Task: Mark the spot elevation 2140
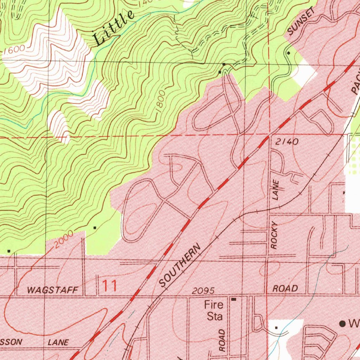coord(287,142)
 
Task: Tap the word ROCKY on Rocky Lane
coord(275,236)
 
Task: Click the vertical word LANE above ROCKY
coord(276,190)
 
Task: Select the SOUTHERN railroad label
coord(180,265)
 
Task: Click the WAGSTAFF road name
coord(52,290)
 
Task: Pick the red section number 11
coord(110,285)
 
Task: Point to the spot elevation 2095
coord(203,291)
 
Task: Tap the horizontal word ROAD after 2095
coord(285,289)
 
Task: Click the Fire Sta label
coord(214,310)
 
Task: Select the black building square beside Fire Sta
coord(234,300)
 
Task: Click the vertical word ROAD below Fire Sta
coord(222,340)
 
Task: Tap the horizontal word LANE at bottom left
coord(59,342)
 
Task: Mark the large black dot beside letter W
coord(342,324)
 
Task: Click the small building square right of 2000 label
coord(94,228)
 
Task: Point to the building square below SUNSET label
coord(288,53)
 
